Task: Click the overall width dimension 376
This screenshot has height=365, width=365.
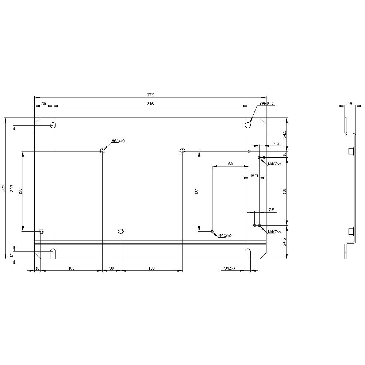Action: (x=150, y=95)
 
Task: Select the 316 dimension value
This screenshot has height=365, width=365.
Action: (x=150, y=104)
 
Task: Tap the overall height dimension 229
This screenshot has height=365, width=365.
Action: (x=3, y=188)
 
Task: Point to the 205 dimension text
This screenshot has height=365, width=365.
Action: (x=12, y=188)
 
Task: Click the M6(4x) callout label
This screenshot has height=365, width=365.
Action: (x=118, y=141)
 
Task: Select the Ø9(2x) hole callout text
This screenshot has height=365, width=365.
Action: (x=266, y=104)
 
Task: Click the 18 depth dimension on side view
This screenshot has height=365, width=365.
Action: (x=350, y=104)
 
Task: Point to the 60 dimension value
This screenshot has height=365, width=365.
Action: (x=230, y=164)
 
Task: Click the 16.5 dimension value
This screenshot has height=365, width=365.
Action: (x=254, y=176)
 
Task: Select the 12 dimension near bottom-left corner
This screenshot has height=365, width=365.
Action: (x=12, y=255)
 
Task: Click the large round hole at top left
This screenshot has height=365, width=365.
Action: (x=53, y=125)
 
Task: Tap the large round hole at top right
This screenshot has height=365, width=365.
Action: (x=248, y=125)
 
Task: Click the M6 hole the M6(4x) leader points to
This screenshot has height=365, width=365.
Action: (x=103, y=151)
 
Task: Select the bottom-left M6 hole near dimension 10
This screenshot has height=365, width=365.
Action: (x=41, y=231)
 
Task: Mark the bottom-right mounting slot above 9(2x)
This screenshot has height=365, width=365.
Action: (x=248, y=253)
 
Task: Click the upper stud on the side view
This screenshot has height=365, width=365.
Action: (x=351, y=151)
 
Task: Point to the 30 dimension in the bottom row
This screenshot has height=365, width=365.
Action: (x=112, y=268)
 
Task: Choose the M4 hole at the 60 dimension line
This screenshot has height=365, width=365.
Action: (x=212, y=231)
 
